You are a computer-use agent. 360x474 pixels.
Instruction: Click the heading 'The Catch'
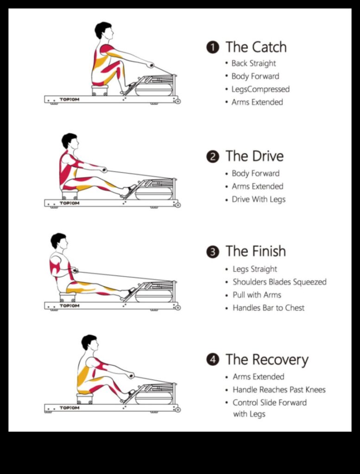click(x=256, y=47)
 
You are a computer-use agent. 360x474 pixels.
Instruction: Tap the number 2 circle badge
click(x=212, y=156)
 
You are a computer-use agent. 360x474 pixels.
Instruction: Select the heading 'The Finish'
click(x=255, y=251)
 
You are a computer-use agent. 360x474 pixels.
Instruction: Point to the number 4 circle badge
click(x=212, y=360)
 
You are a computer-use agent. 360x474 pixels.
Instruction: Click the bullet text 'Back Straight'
click(x=253, y=63)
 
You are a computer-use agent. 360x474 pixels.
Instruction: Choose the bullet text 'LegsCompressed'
click(x=260, y=89)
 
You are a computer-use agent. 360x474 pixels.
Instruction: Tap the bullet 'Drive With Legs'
click(x=259, y=200)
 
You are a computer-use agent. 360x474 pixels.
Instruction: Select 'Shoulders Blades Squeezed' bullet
click(x=279, y=282)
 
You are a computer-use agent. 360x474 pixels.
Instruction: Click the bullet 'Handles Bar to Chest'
click(x=268, y=308)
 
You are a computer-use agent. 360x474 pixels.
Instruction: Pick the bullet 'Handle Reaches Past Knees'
click(x=279, y=390)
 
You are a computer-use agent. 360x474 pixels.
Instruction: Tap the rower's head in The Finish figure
click(x=59, y=241)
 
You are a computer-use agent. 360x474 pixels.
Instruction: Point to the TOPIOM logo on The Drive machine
click(x=69, y=203)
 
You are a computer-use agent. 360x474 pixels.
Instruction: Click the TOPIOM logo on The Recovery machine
click(x=69, y=408)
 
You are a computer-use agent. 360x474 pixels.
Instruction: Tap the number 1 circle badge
click(x=212, y=47)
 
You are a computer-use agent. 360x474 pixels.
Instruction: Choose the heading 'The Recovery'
click(x=266, y=360)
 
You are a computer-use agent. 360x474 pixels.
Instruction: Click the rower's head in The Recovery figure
click(x=90, y=343)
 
